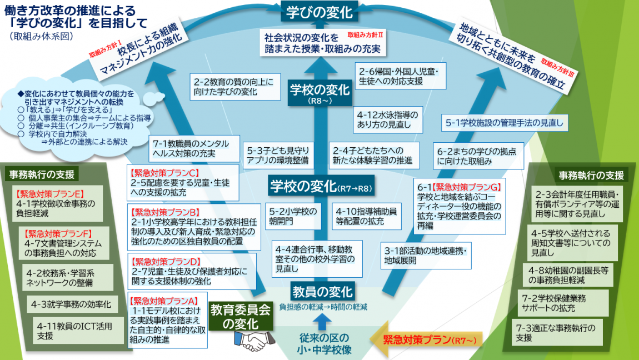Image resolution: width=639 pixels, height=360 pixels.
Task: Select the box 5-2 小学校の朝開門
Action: [294, 216]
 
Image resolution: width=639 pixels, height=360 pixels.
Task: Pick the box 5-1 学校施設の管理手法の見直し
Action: [505, 122]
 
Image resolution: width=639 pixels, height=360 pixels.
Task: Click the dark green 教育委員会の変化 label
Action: [241, 317]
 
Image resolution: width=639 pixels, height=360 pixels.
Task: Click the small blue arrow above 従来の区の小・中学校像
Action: [321, 321]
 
